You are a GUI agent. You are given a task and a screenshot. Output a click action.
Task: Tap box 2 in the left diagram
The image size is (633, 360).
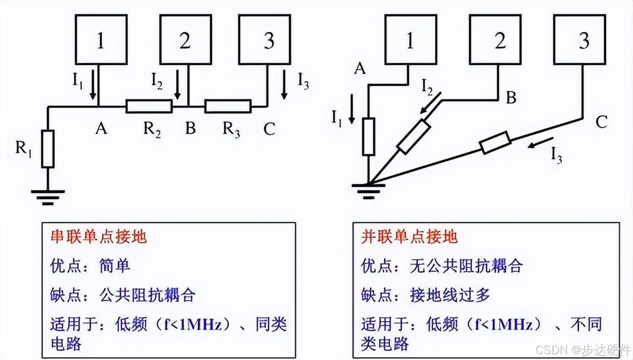pos(185,41)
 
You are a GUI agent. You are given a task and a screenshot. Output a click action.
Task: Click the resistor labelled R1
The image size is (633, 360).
pos(48,149)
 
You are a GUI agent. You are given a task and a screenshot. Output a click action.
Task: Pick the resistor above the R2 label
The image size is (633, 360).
pos(149,106)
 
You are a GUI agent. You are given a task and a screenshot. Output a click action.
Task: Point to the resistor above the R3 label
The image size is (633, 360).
pos(228,106)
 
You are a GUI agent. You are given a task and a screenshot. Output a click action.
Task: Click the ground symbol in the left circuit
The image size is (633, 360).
pos(48,196)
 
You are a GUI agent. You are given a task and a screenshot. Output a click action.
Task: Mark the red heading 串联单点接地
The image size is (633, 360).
pos(99,237)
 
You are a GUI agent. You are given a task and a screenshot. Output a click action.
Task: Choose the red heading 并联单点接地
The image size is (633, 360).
pos(409,237)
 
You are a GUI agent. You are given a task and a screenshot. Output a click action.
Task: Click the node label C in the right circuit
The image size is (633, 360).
pos(601,123)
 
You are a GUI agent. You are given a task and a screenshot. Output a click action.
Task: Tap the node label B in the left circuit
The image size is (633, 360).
pos(190,128)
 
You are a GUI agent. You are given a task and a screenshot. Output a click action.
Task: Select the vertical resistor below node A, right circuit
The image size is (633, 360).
pos(369,137)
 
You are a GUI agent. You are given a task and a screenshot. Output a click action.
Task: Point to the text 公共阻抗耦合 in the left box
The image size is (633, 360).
pos(147,295)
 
